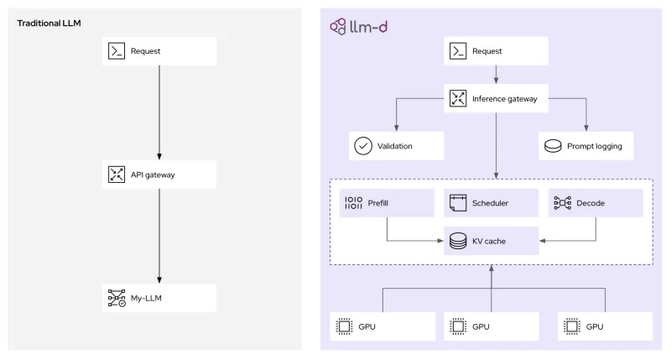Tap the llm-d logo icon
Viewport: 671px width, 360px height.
pyautogui.click(x=338, y=26)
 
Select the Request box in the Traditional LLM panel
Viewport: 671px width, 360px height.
pyautogui.click(x=159, y=51)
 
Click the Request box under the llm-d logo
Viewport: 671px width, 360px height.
pyautogui.click(x=496, y=51)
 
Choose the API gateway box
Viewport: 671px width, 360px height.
pyautogui.click(x=159, y=175)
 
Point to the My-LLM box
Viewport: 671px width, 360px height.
pyautogui.click(x=159, y=297)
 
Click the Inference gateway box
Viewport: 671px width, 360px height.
pyautogui.click(x=496, y=98)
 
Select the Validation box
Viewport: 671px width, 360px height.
pyautogui.click(x=396, y=145)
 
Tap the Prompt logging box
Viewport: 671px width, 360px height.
pyautogui.click(x=585, y=145)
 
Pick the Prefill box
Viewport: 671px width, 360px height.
pyautogui.click(x=386, y=203)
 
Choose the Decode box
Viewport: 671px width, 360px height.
pyautogui.click(x=596, y=203)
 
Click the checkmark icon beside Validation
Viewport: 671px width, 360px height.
pyautogui.click(x=363, y=145)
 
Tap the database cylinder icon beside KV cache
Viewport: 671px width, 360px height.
pyautogui.click(x=458, y=242)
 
